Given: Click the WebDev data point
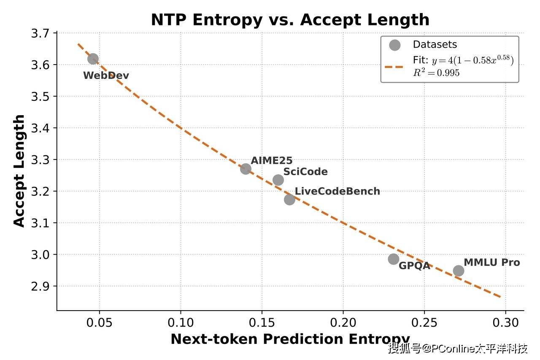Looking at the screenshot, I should click(x=93, y=59).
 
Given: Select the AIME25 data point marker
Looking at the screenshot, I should click(x=246, y=169).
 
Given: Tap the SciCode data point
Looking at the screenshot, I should click(x=278, y=180).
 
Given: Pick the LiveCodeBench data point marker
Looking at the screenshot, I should click(x=289, y=199).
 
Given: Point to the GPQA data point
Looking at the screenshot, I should click(x=394, y=259).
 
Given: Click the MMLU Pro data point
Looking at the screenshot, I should click(x=459, y=271).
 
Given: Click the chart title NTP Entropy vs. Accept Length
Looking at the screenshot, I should click(x=290, y=20).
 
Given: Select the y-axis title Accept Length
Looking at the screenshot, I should click(x=19, y=171).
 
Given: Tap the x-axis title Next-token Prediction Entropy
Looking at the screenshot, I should click(x=290, y=339).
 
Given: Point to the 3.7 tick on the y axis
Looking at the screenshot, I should click(x=40, y=33).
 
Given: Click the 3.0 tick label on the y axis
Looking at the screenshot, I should click(x=40, y=254).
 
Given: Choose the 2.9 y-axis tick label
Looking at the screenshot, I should click(x=40, y=286).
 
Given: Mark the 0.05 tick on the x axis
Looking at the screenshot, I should click(x=99, y=323).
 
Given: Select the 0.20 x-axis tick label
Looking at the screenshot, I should click(x=343, y=323).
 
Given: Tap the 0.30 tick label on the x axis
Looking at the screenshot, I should click(x=505, y=323).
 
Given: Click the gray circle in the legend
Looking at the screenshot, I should click(x=394, y=45).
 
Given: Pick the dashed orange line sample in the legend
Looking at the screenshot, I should click(x=394, y=66).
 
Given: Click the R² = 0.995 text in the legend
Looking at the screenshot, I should click(x=436, y=73).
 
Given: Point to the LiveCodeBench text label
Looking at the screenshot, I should click(x=337, y=191).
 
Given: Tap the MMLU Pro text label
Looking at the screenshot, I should click(x=491, y=263).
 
